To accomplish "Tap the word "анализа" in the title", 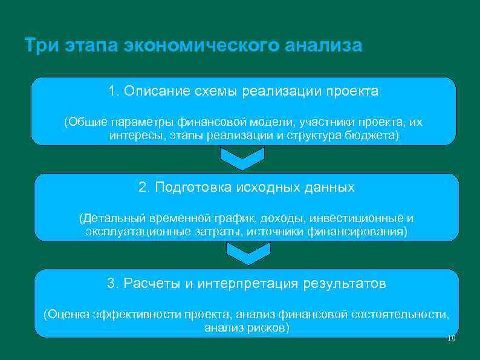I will (x=323, y=47).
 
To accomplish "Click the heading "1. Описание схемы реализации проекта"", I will (x=243, y=91).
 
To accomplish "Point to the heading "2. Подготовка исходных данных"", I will (x=247, y=188).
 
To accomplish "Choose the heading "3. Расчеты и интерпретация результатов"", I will (x=247, y=283).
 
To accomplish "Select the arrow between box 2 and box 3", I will (x=244, y=254).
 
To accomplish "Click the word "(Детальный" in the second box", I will (x=108, y=218).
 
